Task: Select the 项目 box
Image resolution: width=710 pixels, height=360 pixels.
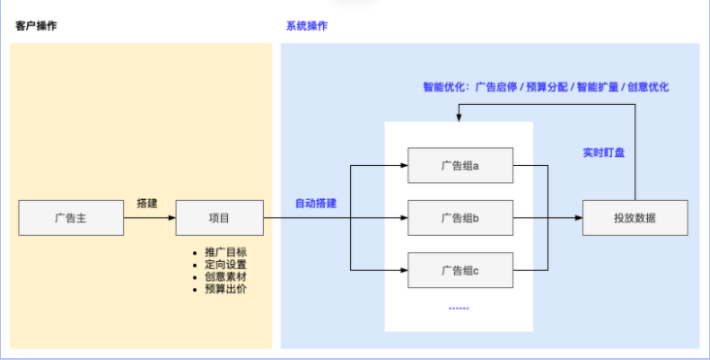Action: (219, 218)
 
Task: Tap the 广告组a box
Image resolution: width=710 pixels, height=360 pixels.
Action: (460, 165)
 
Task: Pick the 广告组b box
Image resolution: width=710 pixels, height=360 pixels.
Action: (460, 218)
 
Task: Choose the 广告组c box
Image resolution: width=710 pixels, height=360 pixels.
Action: (460, 270)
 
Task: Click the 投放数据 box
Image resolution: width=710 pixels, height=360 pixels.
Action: (634, 218)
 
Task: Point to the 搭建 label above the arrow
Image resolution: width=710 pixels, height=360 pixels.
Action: (147, 204)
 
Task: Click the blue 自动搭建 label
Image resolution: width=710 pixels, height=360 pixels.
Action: (316, 204)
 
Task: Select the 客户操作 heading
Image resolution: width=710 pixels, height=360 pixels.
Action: (36, 26)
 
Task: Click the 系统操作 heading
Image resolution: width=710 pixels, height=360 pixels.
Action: (307, 26)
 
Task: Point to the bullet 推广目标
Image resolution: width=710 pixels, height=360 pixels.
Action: (225, 251)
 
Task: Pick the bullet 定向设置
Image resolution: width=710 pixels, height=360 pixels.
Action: (225, 264)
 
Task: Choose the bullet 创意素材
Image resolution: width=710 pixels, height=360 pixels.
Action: (225, 277)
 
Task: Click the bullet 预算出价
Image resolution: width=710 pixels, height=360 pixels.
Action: (225, 289)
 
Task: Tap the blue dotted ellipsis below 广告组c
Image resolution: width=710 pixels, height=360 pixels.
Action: (459, 307)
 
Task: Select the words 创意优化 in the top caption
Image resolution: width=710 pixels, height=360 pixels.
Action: (648, 86)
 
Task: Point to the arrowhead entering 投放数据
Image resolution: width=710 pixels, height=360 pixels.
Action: (577, 218)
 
